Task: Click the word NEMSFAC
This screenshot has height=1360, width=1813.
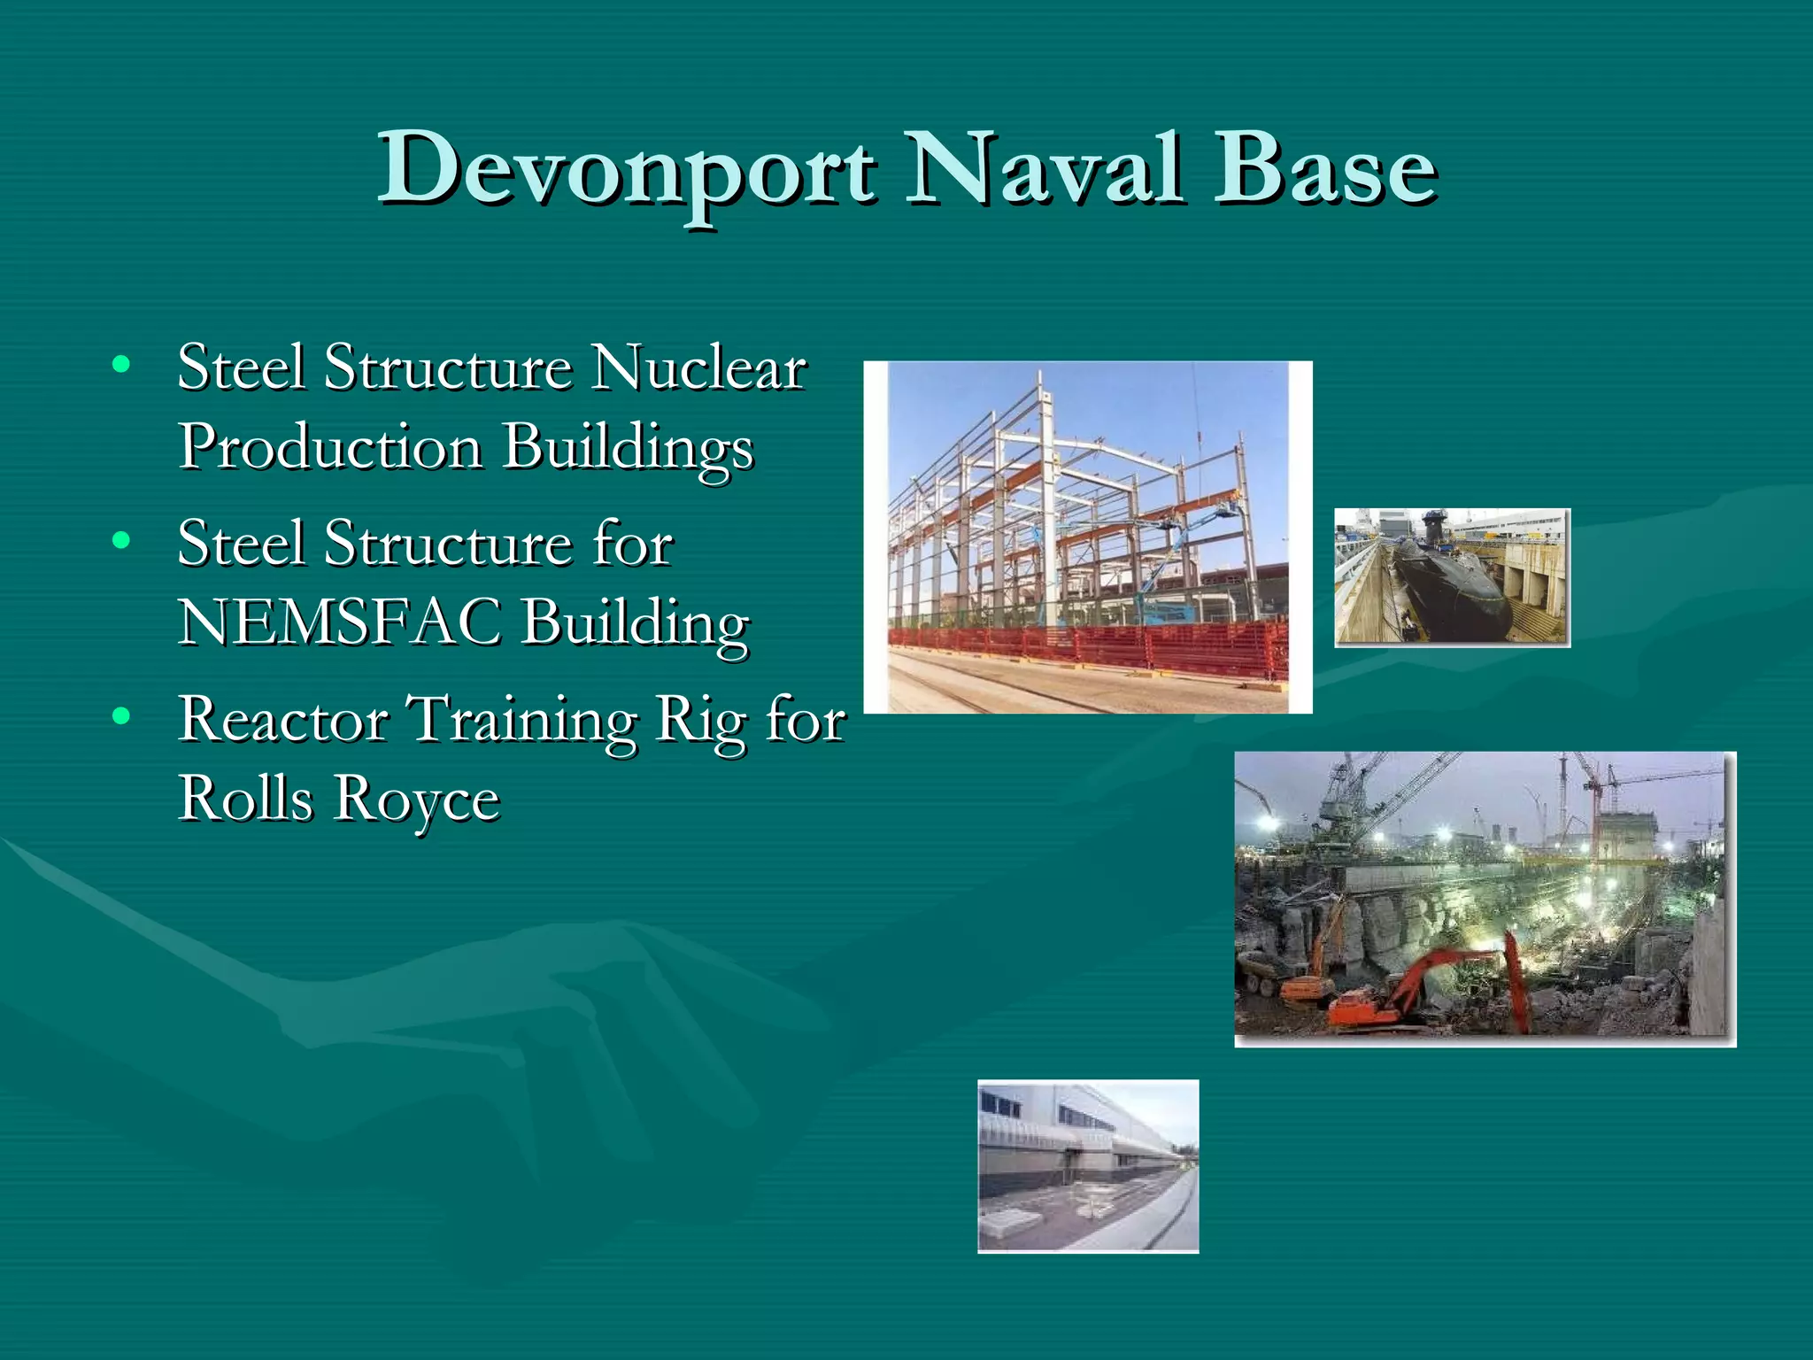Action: (340, 622)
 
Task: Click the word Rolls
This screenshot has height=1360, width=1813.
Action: (246, 799)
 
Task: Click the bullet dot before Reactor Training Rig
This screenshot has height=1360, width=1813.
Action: (122, 715)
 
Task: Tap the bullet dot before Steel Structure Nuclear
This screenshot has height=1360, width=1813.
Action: (122, 364)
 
